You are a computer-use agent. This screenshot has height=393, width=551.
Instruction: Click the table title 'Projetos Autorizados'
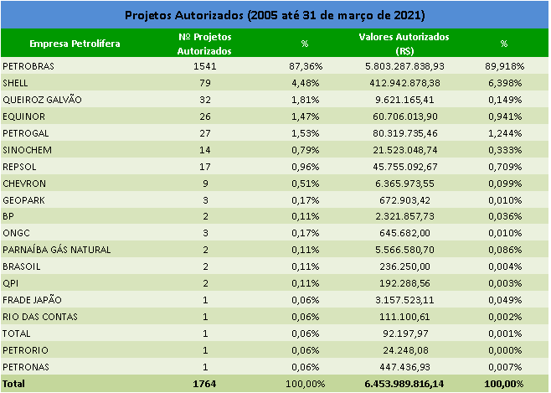[x=275, y=15]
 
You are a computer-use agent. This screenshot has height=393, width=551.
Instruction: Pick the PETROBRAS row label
[x=29, y=65]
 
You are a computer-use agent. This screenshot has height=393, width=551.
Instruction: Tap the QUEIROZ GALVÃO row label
[x=43, y=99]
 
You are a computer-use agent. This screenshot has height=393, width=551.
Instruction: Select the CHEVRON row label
[x=24, y=183]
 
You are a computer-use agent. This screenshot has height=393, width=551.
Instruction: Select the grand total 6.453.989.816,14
[x=404, y=384]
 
